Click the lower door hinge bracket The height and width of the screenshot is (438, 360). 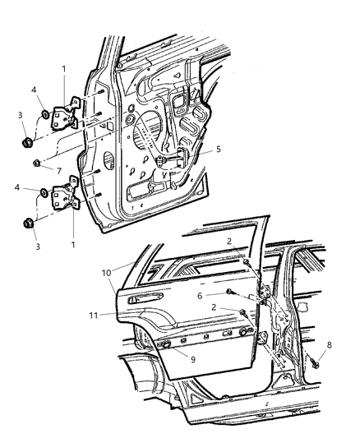click(x=64, y=200)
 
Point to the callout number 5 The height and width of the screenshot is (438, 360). click(x=219, y=150)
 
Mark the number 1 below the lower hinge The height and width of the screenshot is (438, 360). click(x=75, y=243)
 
